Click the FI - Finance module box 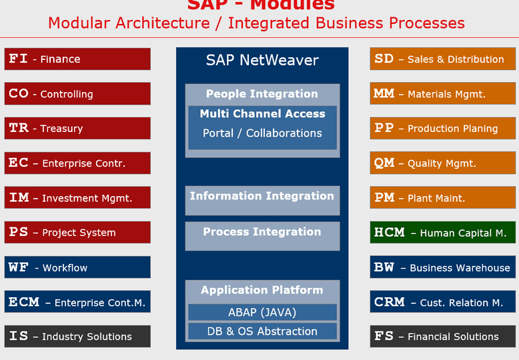(x=77, y=59)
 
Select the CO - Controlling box (x=77, y=94)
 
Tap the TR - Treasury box (x=77, y=128)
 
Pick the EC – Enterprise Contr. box (x=77, y=163)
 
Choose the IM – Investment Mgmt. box (x=77, y=197)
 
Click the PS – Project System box (x=77, y=232)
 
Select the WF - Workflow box (x=77, y=267)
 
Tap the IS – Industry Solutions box (x=77, y=336)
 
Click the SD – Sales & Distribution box (x=443, y=59)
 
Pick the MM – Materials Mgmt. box (x=443, y=94)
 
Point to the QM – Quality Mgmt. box (x=443, y=163)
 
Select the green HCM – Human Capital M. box (x=443, y=232)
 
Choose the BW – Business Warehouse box (x=443, y=267)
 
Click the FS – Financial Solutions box (x=443, y=336)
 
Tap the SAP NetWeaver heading (x=262, y=61)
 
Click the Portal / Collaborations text (x=262, y=133)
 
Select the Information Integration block (x=262, y=200)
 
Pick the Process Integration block (x=262, y=236)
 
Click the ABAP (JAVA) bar (x=262, y=312)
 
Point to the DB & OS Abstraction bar (x=262, y=331)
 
